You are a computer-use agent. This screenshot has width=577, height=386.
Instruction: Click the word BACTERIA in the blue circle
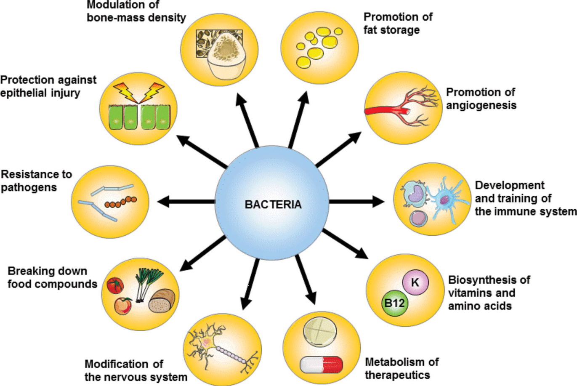[x=273, y=205]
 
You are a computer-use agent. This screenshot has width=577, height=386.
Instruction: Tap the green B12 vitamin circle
[x=394, y=303]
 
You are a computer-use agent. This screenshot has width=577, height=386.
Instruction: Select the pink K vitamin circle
[x=415, y=282]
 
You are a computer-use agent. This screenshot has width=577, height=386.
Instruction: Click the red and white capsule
[x=322, y=365]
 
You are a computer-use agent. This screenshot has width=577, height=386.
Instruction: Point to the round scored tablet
[x=320, y=332]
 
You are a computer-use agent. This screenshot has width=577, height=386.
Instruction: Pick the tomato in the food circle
[x=115, y=285]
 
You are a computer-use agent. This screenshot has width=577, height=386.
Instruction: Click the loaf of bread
[x=162, y=301]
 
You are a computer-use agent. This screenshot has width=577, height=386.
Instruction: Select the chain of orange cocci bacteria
[x=120, y=202]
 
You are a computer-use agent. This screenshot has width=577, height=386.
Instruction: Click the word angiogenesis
[x=481, y=105]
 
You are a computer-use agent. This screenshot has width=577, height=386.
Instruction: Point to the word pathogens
[x=29, y=187]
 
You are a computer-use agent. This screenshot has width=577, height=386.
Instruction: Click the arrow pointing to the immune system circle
[x=356, y=202]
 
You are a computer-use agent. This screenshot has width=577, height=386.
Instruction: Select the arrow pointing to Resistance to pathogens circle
[x=186, y=202]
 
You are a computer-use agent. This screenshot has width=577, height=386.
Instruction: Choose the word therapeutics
[x=397, y=375]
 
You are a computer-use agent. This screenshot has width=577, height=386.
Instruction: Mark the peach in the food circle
[x=123, y=306]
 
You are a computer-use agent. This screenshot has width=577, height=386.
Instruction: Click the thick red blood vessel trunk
[x=387, y=111]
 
